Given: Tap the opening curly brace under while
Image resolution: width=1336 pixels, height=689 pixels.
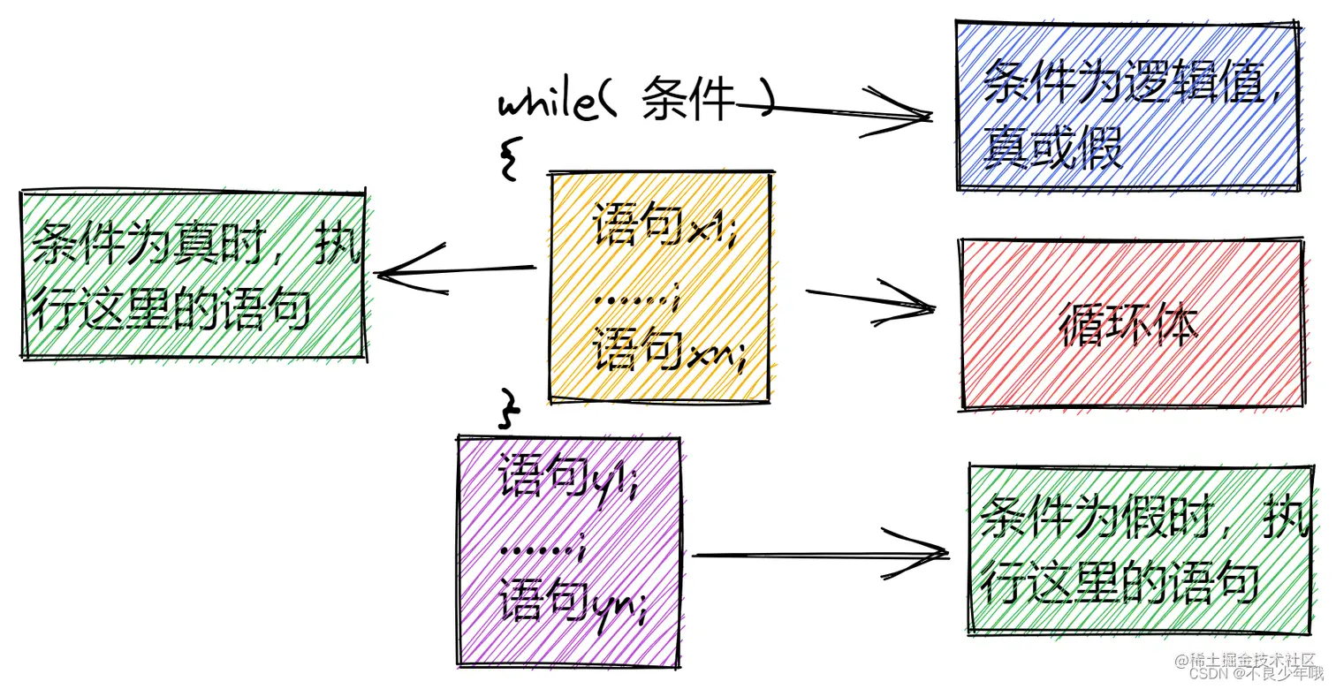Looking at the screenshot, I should tap(508, 158).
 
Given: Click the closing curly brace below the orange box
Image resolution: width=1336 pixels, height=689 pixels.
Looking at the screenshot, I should tap(510, 409).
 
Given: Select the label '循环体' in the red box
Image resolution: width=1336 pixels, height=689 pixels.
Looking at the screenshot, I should tap(1130, 326).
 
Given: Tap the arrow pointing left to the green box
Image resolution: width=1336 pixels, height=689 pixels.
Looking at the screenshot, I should tap(455, 271).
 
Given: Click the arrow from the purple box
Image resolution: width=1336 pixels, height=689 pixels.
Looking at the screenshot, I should tap(817, 555).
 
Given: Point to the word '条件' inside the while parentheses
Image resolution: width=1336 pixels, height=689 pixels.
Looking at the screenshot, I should tap(689, 100).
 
